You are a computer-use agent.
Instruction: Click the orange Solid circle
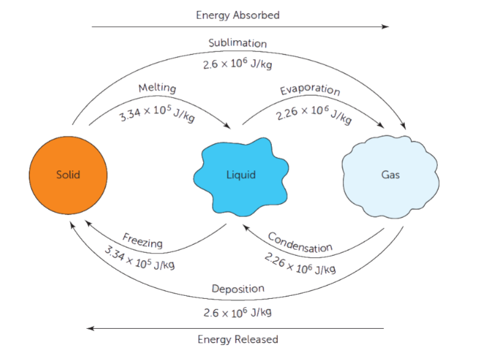pyautogui.click(x=68, y=175)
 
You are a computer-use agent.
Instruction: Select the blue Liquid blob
pyautogui.click(x=241, y=175)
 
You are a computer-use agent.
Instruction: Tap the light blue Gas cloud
pyautogui.click(x=390, y=175)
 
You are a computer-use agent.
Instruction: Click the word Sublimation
pyautogui.click(x=238, y=43)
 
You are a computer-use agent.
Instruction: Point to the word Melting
pyautogui.click(x=157, y=88)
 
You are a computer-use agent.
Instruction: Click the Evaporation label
pyautogui.click(x=310, y=90)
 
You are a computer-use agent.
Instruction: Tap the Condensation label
pyautogui.click(x=300, y=242)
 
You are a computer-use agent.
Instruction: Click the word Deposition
pyautogui.click(x=238, y=289)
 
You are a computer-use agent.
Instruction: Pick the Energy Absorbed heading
pyautogui.click(x=238, y=15)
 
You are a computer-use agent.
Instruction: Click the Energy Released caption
pyautogui.click(x=238, y=340)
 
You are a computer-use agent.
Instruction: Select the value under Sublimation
pyautogui.click(x=238, y=64)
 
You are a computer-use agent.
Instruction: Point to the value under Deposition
pyautogui.click(x=238, y=312)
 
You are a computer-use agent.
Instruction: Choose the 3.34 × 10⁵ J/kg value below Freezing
pyautogui.click(x=139, y=259)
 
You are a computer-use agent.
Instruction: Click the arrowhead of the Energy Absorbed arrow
pyautogui.click(x=386, y=26)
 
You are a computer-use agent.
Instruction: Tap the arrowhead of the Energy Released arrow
pyautogui.click(x=90, y=328)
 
